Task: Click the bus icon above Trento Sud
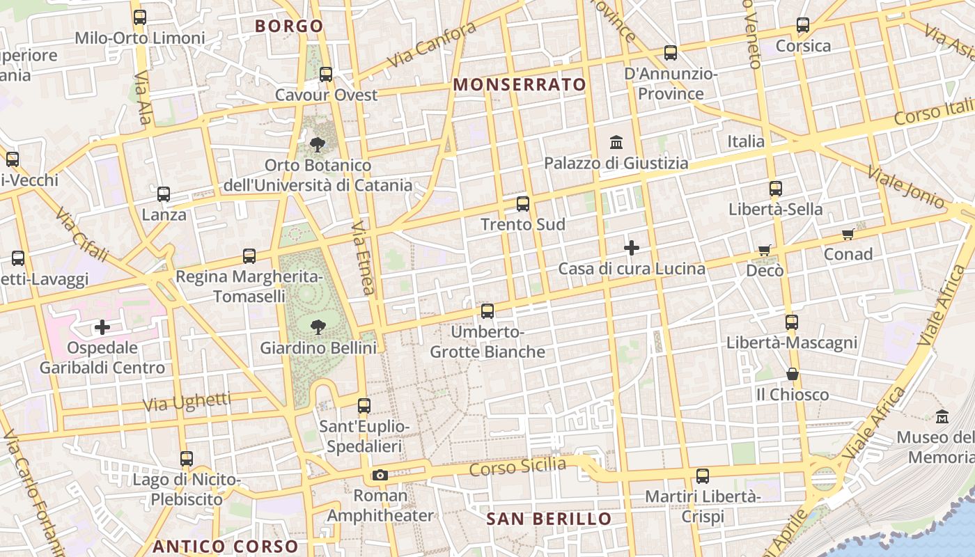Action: point(523,204)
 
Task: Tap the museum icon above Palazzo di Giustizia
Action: point(616,143)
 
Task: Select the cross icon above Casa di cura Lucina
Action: point(632,248)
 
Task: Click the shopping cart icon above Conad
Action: point(848,234)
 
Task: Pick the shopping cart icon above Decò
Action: point(765,250)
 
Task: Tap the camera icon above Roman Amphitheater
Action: point(380,476)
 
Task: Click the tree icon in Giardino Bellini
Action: point(318,327)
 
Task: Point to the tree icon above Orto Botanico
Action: point(318,145)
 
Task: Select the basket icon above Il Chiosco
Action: point(792,374)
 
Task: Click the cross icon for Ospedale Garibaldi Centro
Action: point(102,327)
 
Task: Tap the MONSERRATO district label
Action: point(520,85)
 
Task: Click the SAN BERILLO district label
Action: point(549,519)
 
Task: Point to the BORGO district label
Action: point(289,26)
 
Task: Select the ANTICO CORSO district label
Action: point(225,547)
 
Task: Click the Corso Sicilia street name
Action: point(517,467)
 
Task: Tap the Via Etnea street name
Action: point(363,258)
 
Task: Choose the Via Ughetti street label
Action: point(187,401)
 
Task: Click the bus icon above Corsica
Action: point(803,25)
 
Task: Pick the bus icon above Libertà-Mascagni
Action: point(792,322)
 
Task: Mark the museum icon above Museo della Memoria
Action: point(942,416)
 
